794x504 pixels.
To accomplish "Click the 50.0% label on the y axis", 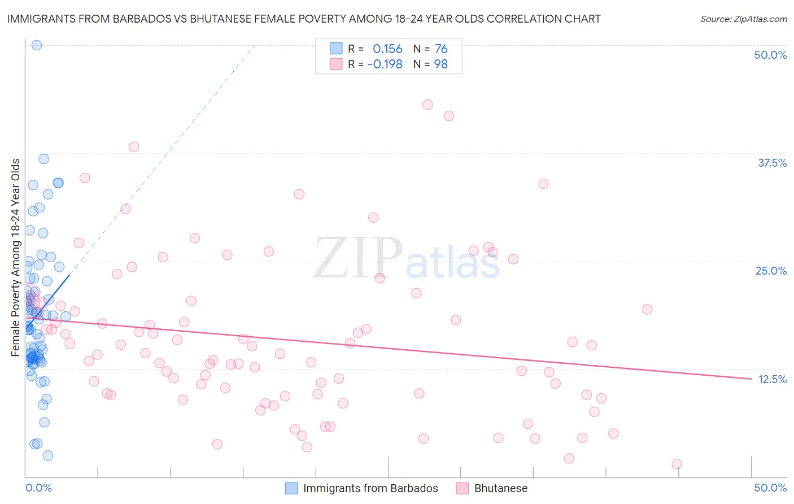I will tap(770, 55).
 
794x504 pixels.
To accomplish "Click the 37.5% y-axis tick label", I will tap(772, 163).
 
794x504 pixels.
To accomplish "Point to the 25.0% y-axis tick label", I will tap(771, 271).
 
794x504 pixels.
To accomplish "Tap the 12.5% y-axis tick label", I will tap(772, 379).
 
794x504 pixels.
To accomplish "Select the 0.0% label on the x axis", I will tap(38, 488).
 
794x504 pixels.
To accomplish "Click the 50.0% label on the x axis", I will tap(770, 488).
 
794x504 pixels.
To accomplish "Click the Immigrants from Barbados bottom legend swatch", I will tap(291, 488).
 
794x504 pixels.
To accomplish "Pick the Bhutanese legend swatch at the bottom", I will tap(463, 488).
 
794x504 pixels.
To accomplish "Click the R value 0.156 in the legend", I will tap(387, 49).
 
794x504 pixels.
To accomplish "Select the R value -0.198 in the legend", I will tap(385, 64).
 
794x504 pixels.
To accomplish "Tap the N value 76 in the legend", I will tap(441, 49).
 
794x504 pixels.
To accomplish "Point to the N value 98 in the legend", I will tap(440, 64).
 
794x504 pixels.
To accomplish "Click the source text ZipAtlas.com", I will tap(760, 19).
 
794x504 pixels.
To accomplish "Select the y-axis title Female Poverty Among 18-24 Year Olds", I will tap(15, 258).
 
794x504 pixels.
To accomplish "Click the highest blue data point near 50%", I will tap(37, 45).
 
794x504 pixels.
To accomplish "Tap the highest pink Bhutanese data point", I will tap(427, 105).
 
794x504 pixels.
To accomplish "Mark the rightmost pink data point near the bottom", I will tap(677, 464).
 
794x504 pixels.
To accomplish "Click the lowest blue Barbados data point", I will tap(48, 455).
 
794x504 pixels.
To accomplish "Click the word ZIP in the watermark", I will tap(358, 258).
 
